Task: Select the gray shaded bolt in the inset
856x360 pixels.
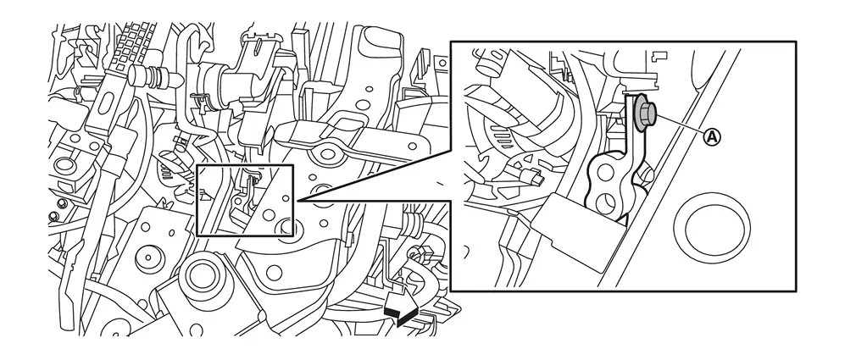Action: pyautogui.click(x=645, y=113)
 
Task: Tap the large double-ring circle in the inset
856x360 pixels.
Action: pyautogui.click(x=711, y=230)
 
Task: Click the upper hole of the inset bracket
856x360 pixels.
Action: pyautogui.click(x=604, y=173)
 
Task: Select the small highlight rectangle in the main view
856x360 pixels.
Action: pyautogui.click(x=245, y=200)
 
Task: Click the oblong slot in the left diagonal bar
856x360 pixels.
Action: pyautogui.click(x=107, y=102)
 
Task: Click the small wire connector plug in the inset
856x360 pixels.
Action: pyautogui.click(x=531, y=175)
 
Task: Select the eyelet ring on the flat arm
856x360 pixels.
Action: pyautogui.click(x=327, y=154)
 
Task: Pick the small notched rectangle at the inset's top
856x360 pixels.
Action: pyautogui.click(x=660, y=54)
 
